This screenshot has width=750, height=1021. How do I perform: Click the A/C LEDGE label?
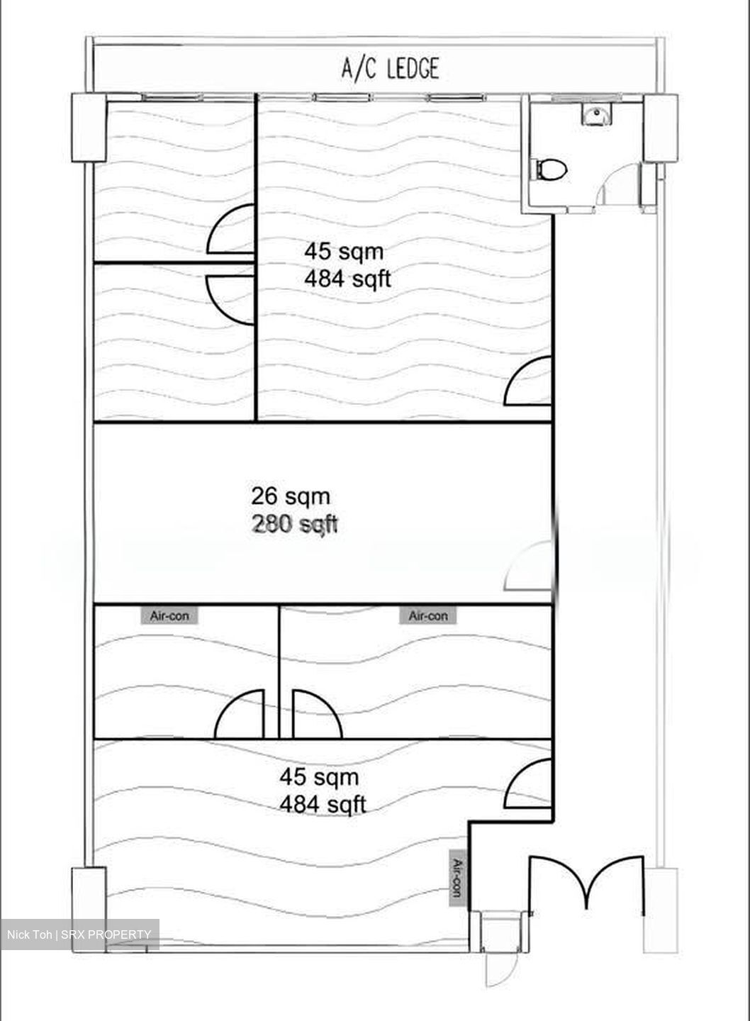pos(390,69)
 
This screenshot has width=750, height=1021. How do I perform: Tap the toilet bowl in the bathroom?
pos(552,169)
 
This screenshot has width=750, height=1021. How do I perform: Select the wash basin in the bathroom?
pos(596,113)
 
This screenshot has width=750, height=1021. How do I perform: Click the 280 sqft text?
pos(294,524)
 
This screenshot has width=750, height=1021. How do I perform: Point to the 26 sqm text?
pos(291,496)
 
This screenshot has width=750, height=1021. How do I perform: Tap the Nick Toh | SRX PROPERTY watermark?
pos(79,934)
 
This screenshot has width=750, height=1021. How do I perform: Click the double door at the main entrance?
pos(586,884)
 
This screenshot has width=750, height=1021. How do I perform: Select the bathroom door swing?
pos(617,184)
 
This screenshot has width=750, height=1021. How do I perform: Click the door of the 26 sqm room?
pos(529,567)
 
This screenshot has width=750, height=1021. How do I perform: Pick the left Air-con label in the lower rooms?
pos(169,616)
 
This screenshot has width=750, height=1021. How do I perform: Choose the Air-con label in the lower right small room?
pos(428,616)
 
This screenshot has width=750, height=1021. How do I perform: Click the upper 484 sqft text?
pos(347,279)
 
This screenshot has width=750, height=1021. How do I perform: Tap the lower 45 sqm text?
pos(320,776)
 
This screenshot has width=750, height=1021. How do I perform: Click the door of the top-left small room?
pos(230,229)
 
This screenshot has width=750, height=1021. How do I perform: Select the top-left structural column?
pos(89,127)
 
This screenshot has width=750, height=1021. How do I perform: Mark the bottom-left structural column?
pos(89,910)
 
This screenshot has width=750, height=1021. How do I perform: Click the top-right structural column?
pos(661,128)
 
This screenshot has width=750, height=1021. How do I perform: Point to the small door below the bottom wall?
pos(502,973)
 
